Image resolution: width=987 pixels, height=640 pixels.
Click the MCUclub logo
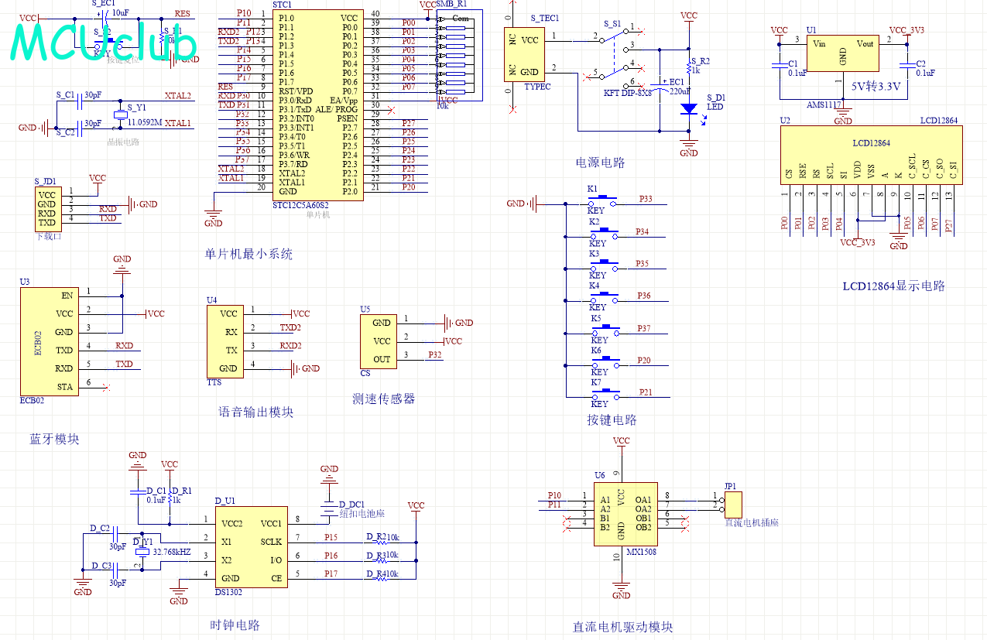pyautogui.click(x=104, y=43)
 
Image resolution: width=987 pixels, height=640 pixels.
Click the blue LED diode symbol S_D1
pyautogui.click(x=687, y=109)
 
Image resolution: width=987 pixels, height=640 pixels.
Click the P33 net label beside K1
pyautogui.click(x=646, y=200)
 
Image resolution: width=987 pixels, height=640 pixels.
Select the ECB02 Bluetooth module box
pyautogui.click(x=49, y=341)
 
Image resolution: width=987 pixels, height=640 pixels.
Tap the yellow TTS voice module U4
pyautogui.click(x=225, y=341)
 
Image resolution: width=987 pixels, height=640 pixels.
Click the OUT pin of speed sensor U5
pyautogui.click(x=382, y=359)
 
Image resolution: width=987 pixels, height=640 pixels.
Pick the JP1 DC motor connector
pyautogui.click(x=732, y=505)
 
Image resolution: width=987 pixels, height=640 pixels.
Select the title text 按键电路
pyautogui.click(x=612, y=420)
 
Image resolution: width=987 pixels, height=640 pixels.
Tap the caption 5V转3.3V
pyautogui.click(x=876, y=87)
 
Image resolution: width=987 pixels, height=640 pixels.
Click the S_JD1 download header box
pyautogui.click(x=47, y=208)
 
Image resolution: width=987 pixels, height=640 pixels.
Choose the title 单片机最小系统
pyautogui.click(x=248, y=254)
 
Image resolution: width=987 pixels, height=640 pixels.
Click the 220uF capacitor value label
pyautogui.click(x=679, y=91)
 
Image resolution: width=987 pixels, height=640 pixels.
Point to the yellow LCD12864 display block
pyautogui.click(x=871, y=155)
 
